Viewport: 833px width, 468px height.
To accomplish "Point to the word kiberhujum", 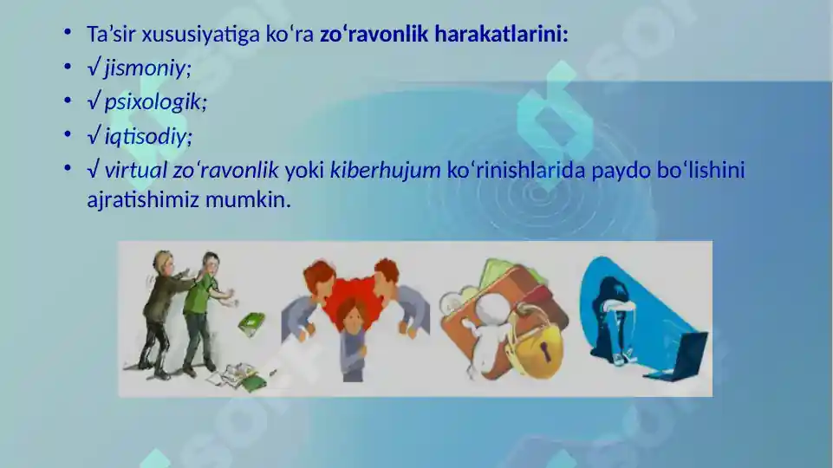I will coord(386,170).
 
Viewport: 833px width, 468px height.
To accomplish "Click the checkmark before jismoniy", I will coord(94,68).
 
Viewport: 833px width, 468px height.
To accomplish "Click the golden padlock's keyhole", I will coord(545,349).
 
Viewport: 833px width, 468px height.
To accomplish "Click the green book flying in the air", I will coord(251,324).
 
